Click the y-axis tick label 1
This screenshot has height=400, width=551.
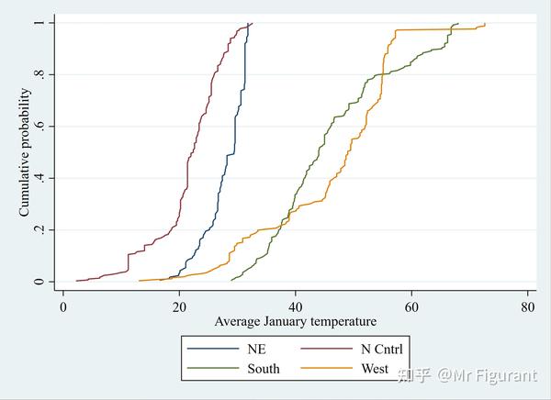(38, 22)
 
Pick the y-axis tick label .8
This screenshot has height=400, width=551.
(38, 74)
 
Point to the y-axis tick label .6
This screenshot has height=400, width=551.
(38, 126)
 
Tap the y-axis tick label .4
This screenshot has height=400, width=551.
(38, 178)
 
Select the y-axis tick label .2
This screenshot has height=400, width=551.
(38, 229)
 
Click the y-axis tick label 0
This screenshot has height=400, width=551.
(38, 282)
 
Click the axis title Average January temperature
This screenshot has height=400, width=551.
(295, 322)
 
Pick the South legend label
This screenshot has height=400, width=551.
(264, 370)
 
